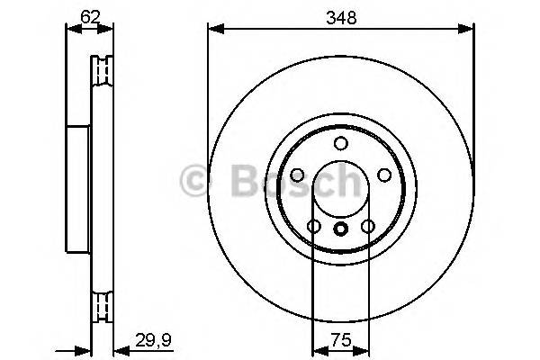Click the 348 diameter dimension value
(341, 17)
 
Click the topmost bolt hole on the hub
(340, 143)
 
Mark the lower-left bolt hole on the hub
(313, 227)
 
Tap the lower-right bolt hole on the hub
(367, 227)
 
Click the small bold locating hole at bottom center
(340, 229)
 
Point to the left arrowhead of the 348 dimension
(212, 29)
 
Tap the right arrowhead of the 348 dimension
(469, 29)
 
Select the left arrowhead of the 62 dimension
(71, 29)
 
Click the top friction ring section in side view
(103, 71)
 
